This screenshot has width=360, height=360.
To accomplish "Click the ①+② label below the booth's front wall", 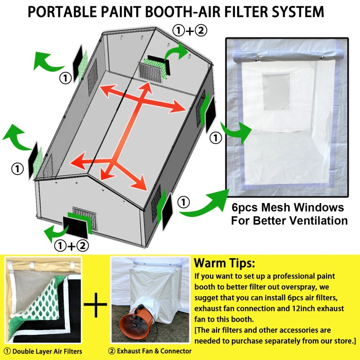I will pos(71,245).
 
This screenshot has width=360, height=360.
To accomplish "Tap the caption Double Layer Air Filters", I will pos(45,351).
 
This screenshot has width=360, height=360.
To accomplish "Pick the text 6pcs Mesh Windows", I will pos(288,208).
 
